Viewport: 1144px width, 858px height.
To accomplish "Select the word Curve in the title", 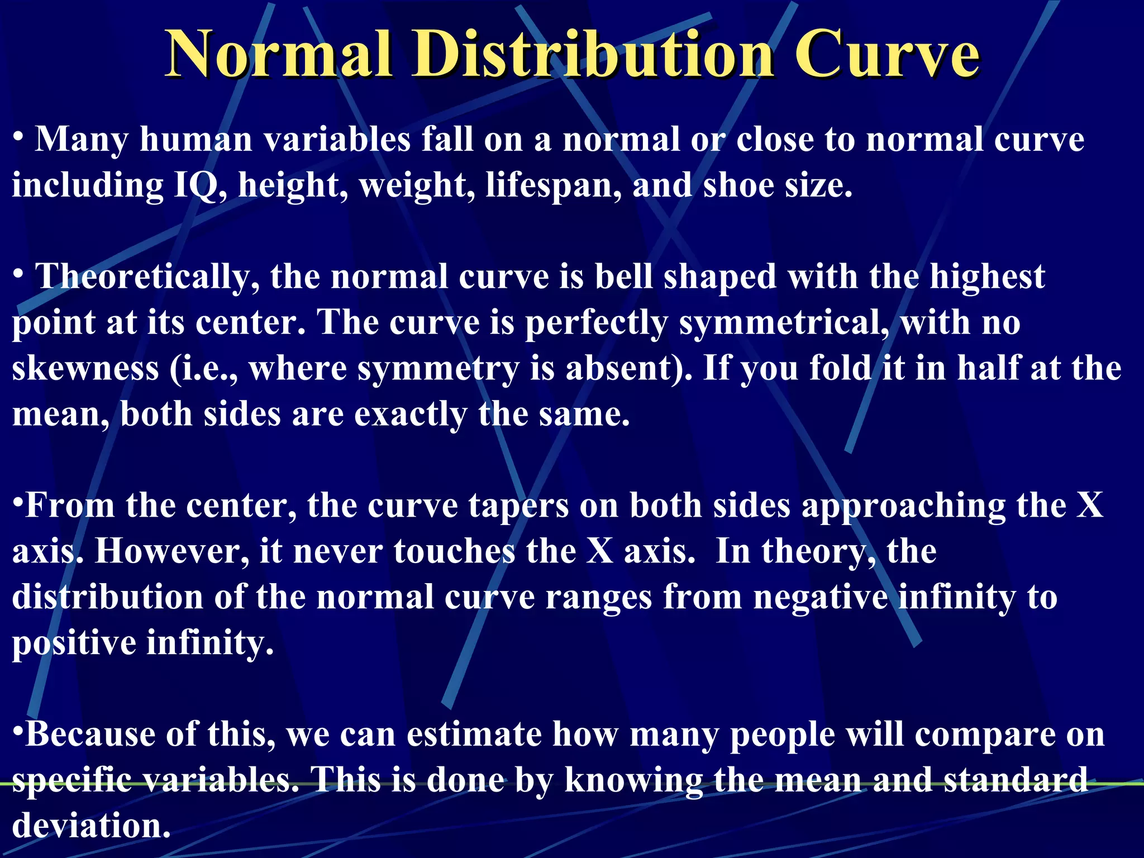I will click(886, 55).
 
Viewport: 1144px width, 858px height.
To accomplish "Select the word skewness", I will click(85, 369).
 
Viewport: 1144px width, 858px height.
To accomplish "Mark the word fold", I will click(841, 369).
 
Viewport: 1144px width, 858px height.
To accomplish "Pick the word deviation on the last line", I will click(91, 827).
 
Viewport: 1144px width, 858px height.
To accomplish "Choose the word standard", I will click(1016, 781).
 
